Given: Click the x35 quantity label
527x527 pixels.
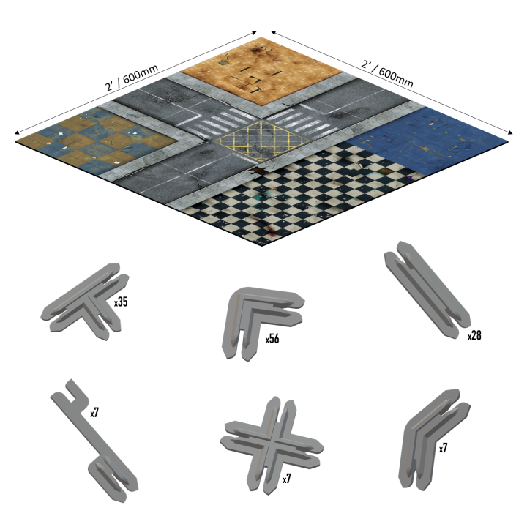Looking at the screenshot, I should (x=121, y=301).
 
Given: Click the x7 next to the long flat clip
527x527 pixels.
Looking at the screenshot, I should (x=94, y=413).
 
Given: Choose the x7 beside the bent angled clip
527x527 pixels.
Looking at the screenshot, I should (x=444, y=448).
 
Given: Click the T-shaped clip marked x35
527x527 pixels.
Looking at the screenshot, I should (x=82, y=302).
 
